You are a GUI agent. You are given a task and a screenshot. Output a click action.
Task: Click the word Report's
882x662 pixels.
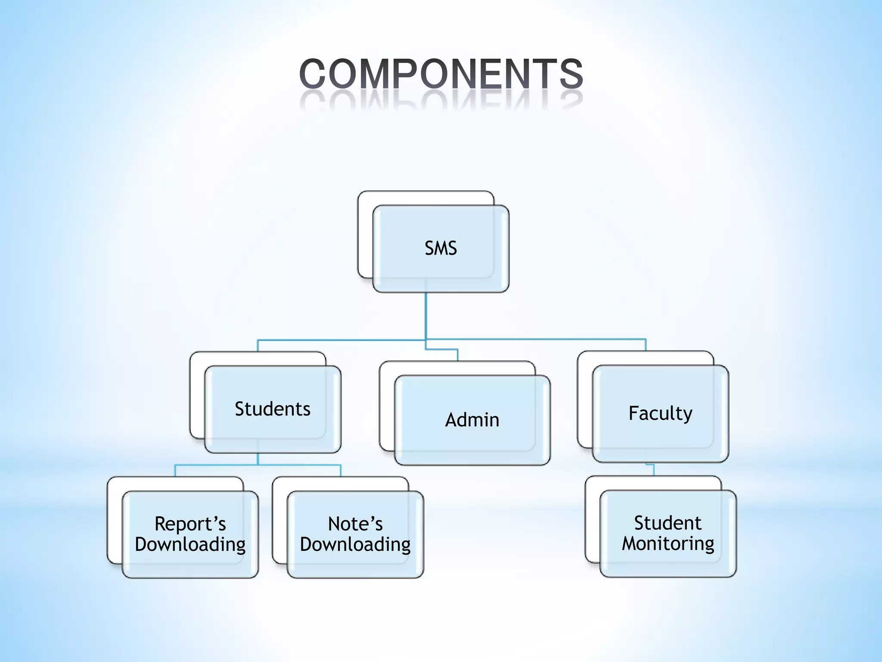coord(190,524)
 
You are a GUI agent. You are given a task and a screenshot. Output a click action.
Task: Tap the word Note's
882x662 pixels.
coord(355,524)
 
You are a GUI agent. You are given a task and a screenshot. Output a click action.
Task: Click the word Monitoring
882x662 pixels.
coord(668,543)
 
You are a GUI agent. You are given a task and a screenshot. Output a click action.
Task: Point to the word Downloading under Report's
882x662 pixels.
coord(190,544)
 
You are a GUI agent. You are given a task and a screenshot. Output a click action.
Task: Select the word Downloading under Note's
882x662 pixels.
coord(355,544)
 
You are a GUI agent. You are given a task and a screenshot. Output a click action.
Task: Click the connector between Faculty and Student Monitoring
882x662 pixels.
coord(654,470)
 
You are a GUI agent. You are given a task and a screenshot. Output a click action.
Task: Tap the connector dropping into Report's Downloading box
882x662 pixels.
coord(175,470)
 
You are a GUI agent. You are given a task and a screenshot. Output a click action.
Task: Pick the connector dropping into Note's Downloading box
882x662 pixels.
coord(341,470)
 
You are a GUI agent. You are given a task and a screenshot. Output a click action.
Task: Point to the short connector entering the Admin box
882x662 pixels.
coord(457,355)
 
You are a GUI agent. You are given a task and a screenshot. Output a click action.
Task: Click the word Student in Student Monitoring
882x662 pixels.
coord(668,523)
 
